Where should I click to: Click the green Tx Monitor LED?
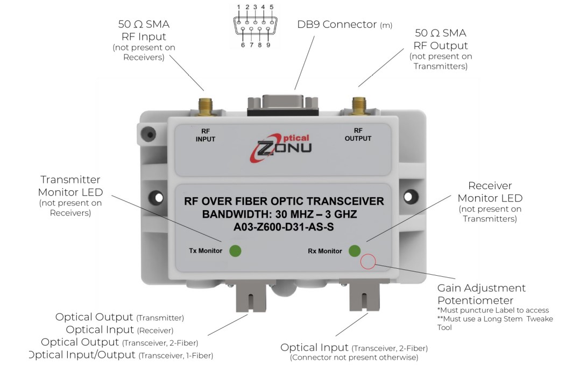(x=235, y=251)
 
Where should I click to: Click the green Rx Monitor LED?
(x=355, y=251)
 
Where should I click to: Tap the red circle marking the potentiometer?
(x=368, y=262)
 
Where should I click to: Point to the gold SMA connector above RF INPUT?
(x=205, y=107)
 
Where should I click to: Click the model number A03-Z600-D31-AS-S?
(x=284, y=227)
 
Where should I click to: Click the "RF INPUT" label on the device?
(x=205, y=135)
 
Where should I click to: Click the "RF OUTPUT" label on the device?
(x=358, y=134)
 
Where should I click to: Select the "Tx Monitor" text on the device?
(x=206, y=251)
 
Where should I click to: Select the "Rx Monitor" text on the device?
(x=325, y=251)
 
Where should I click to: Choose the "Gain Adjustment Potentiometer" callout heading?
(x=481, y=294)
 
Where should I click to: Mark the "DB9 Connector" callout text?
(x=337, y=24)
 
